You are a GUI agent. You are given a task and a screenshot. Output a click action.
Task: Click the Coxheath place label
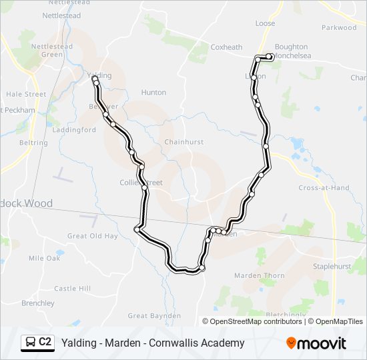coord(226,47)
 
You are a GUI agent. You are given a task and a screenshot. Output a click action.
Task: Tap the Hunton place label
coord(153,93)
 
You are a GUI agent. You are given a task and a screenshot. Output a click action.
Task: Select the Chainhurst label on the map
coord(184,142)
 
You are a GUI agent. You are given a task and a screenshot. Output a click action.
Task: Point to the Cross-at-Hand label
coord(324,188)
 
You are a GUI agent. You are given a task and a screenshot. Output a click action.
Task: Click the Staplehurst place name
coord(332,265)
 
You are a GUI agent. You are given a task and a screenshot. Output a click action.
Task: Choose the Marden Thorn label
coord(260,275)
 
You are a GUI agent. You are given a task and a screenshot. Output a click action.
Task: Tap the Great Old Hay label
coord(92,236)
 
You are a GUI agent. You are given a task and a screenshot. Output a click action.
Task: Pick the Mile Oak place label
coord(45,258)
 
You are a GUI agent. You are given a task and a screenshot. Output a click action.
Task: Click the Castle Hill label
coord(72,289)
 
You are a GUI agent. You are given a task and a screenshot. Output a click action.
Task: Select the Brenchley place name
coord(38,303)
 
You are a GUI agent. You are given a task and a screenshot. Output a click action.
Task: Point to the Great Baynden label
coord(154,315)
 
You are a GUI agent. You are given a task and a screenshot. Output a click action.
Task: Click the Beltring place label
coord(34,143)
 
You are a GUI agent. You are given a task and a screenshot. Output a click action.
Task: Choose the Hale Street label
coord(26,95)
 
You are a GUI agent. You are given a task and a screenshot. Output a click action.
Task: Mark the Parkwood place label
coord(339,28)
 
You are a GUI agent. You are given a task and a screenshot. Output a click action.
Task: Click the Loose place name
coord(265,23)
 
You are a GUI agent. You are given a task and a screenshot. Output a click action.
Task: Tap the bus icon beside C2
coord(31,343)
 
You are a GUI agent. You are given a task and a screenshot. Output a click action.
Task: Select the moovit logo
coord(316,343)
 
